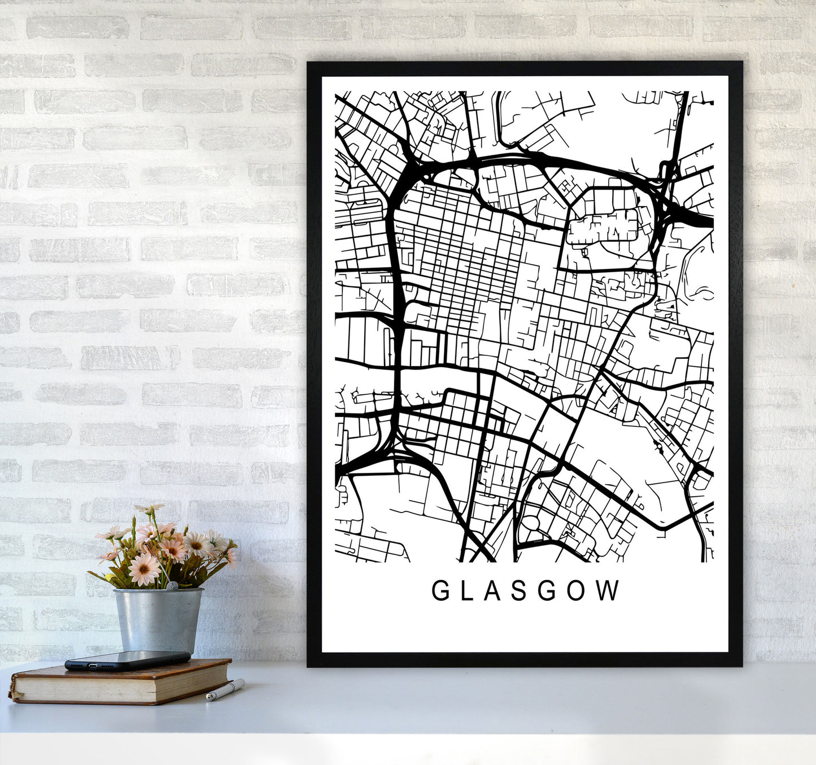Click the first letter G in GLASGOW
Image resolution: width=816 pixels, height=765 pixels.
click(x=440, y=591)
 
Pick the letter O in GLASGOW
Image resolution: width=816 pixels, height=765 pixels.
click(x=583, y=591)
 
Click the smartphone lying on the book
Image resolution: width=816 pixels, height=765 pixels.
click(x=128, y=660)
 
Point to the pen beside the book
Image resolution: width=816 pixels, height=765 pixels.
click(x=225, y=690)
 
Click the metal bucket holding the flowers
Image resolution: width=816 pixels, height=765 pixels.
click(x=158, y=620)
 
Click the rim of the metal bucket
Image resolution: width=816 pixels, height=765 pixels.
click(x=158, y=591)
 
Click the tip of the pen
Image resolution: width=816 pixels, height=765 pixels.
click(x=208, y=699)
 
